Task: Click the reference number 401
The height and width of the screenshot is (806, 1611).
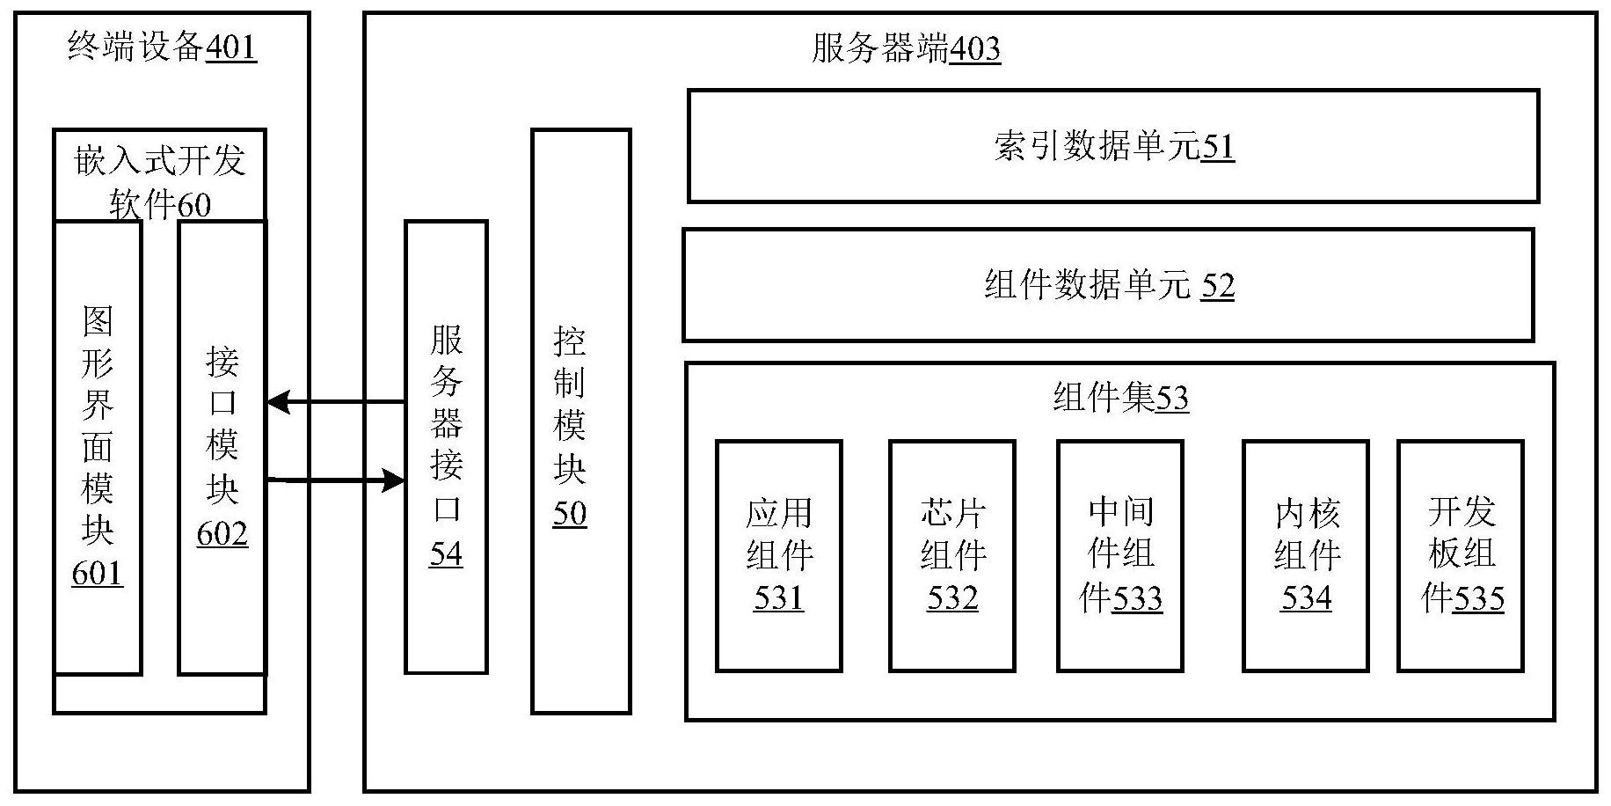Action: (230, 47)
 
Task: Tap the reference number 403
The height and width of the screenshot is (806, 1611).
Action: (975, 48)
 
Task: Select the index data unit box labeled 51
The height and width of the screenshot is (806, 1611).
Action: (1112, 146)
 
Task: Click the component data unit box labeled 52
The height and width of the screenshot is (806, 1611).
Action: (1108, 285)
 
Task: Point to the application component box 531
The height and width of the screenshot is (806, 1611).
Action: (778, 556)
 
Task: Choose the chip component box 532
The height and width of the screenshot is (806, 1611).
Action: (951, 556)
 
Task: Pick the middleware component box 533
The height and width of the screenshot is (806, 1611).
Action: (1119, 556)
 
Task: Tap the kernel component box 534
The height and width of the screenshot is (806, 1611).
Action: (1305, 556)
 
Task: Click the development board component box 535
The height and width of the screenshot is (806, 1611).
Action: (1460, 556)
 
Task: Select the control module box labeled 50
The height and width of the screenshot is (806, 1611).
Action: (580, 421)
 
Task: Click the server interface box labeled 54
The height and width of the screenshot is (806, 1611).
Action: (446, 447)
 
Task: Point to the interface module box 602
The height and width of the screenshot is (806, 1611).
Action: (222, 447)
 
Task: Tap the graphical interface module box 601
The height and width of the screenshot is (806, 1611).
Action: (98, 447)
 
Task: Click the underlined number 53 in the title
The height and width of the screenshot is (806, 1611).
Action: (1171, 399)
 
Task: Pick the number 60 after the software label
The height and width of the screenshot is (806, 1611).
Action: (194, 205)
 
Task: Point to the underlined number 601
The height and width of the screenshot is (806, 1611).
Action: (97, 574)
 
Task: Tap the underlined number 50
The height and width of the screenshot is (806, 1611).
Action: (570, 513)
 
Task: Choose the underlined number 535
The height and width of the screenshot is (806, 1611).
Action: (1479, 599)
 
